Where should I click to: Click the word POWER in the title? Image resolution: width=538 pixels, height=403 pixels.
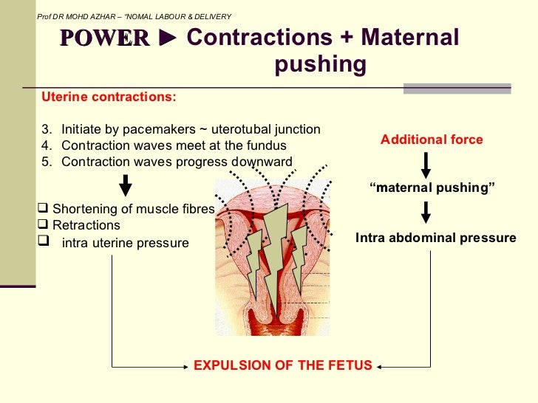(x=104, y=38)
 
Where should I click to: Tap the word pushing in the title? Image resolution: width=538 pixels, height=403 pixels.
(x=320, y=66)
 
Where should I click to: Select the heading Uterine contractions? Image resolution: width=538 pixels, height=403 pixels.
(x=109, y=97)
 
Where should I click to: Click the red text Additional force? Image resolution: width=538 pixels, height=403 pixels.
(x=432, y=139)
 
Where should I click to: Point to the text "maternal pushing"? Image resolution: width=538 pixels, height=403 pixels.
(x=432, y=188)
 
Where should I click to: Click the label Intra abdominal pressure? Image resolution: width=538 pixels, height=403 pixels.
(x=436, y=238)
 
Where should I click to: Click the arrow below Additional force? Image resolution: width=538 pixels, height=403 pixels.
(x=426, y=162)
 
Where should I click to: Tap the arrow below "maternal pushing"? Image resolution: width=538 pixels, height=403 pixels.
(x=426, y=213)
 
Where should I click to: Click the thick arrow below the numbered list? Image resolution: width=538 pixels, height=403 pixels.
(x=126, y=185)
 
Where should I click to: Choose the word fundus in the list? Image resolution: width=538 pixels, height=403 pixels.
(x=267, y=146)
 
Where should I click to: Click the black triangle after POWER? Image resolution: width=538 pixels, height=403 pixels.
(x=168, y=38)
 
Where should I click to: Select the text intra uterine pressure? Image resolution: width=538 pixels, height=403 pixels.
(x=125, y=243)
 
